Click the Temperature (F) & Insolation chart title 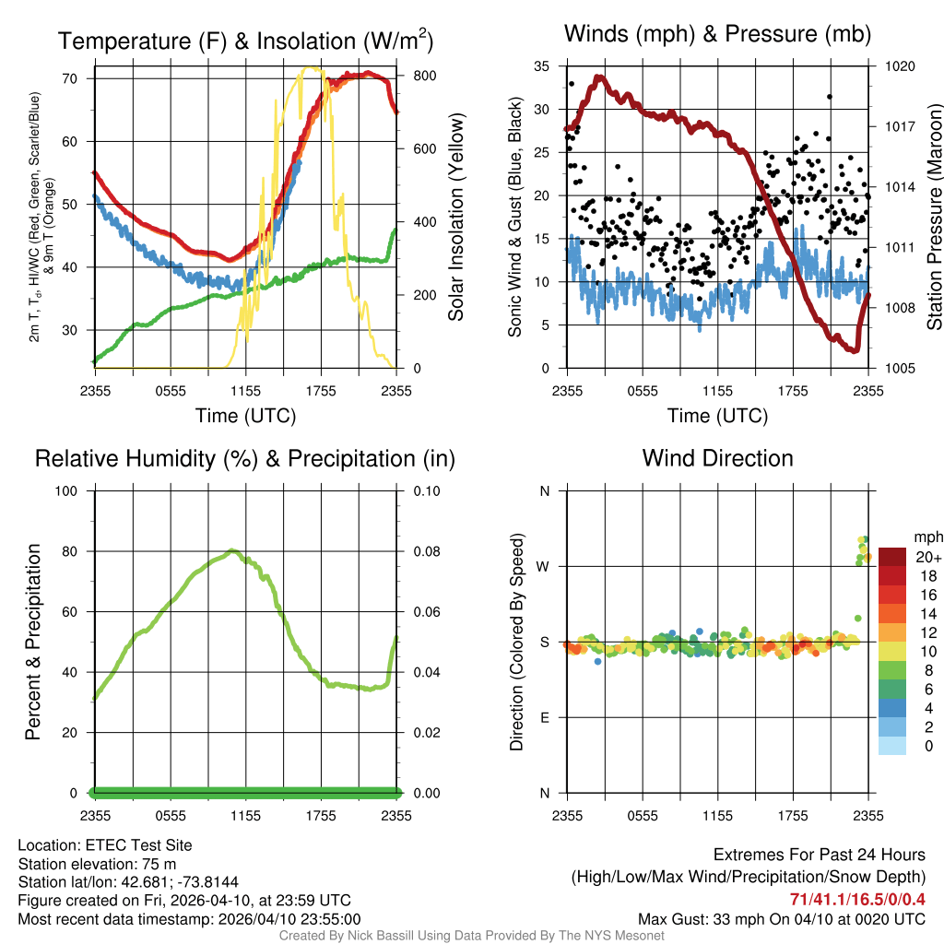click(245, 41)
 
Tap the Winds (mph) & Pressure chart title click(717, 34)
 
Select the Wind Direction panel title click(717, 458)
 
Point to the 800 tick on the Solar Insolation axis click(413, 76)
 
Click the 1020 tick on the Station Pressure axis click(900, 66)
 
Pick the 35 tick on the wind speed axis click(543, 66)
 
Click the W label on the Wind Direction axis click(544, 567)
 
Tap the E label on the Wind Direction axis click(544, 718)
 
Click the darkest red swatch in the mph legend click(892, 558)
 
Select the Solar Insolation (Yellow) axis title click(455, 218)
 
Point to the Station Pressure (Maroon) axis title click(934, 218)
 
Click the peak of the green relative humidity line click(232, 551)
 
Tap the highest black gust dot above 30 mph click(830, 97)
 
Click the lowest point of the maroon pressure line click(855, 351)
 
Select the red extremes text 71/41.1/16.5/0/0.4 click(857, 899)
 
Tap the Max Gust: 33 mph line click(782, 919)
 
